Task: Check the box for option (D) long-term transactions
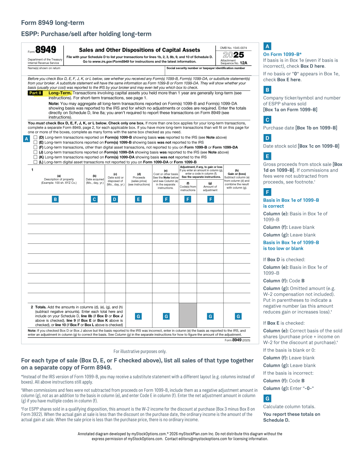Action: click(x=36, y=137)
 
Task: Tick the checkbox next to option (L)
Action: click(x=36, y=162)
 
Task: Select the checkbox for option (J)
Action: click(x=36, y=152)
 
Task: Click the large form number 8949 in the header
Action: click(x=46, y=50)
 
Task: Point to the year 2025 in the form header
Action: click(x=234, y=55)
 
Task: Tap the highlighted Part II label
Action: click(x=35, y=93)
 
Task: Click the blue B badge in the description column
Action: click(x=55, y=199)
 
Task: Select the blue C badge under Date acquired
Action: click(x=94, y=199)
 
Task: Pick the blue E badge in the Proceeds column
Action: click(x=138, y=199)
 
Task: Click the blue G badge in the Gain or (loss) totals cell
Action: click(x=238, y=316)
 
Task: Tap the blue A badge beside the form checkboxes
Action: click(x=26, y=139)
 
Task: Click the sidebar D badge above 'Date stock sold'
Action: click(x=267, y=138)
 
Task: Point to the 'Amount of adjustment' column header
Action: click(x=210, y=188)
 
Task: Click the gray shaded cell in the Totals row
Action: click(x=188, y=315)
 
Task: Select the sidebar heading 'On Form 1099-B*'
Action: click(x=282, y=54)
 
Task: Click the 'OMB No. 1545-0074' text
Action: click(x=234, y=48)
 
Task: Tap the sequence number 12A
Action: click(x=244, y=63)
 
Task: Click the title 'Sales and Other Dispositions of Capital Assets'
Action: click(x=139, y=50)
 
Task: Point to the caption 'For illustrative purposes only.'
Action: click(x=140, y=351)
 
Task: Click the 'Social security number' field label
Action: click(x=206, y=68)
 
